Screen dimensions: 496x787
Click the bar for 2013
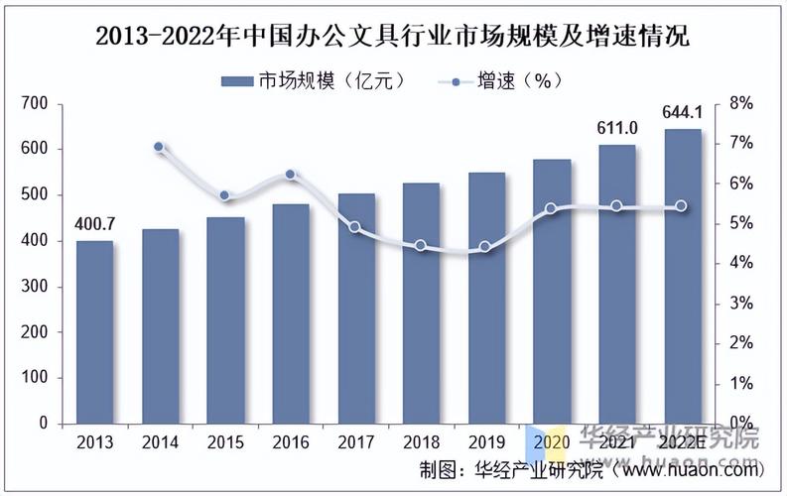pos(94,331)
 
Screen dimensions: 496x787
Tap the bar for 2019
pos(486,298)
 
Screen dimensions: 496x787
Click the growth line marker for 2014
pos(160,147)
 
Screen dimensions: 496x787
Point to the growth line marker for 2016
pos(290,175)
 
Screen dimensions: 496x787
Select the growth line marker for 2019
pos(485,247)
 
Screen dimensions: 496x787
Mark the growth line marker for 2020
pos(551,209)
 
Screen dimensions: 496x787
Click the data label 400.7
pos(94,222)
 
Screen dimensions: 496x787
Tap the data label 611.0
pos(616,127)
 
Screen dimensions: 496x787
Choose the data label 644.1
pos(682,111)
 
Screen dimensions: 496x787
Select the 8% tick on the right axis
pos(741,103)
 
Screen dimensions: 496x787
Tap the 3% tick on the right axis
pos(741,303)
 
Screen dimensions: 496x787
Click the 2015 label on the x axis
pos(225,442)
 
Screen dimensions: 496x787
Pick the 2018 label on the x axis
pos(421,442)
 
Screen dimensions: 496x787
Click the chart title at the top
pos(393,38)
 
